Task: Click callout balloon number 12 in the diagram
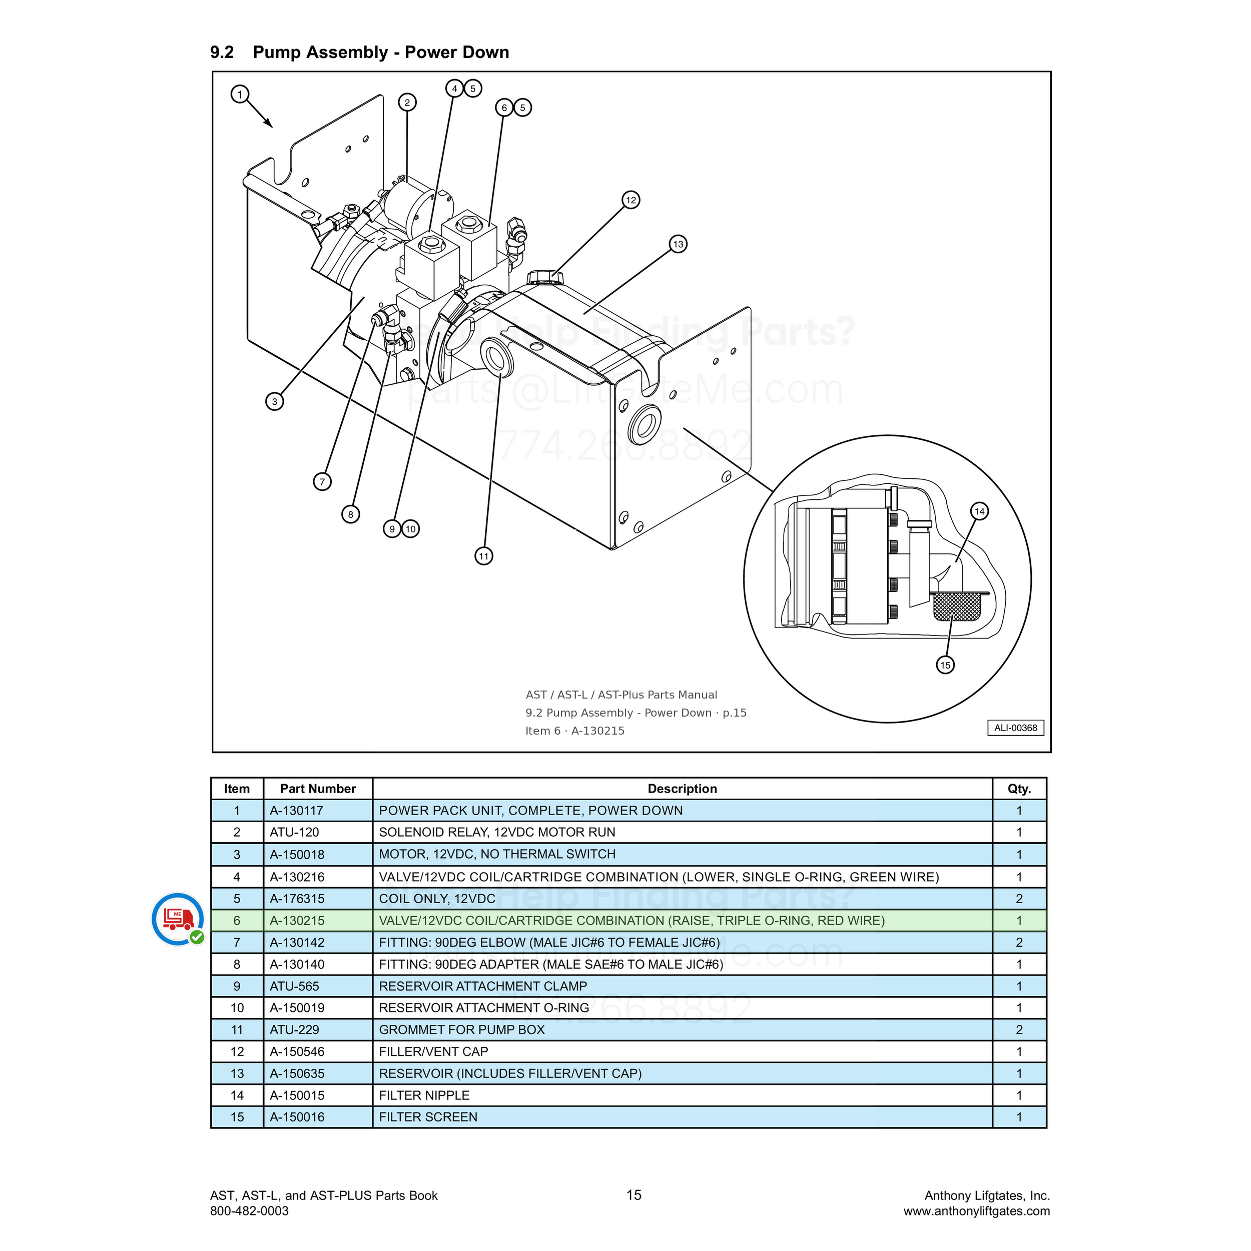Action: click(631, 200)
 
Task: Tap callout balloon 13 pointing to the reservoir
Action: click(678, 244)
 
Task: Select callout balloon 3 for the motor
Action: click(275, 401)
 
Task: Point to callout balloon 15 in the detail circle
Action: click(945, 665)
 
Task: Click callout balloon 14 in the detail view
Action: click(980, 511)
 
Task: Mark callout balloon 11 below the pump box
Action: click(484, 556)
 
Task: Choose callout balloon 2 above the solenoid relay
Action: click(407, 102)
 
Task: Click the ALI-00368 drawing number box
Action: click(1015, 728)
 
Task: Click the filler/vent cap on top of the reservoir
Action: click(545, 278)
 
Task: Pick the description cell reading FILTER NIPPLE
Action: click(683, 1095)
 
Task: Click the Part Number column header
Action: click(318, 789)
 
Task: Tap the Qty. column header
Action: click(1019, 789)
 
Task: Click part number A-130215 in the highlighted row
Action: click(297, 921)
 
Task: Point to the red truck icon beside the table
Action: click(178, 919)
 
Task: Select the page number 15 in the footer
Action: click(634, 1194)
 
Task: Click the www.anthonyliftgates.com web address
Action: click(976, 1211)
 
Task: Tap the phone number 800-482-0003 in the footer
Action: click(249, 1211)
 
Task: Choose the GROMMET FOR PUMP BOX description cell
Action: click(683, 1029)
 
